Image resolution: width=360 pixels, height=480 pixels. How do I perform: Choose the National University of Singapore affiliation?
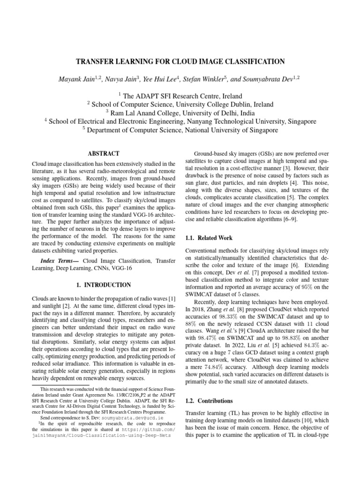[x=232, y=130]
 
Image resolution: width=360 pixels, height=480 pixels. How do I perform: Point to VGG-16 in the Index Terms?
[x=122, y=269]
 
